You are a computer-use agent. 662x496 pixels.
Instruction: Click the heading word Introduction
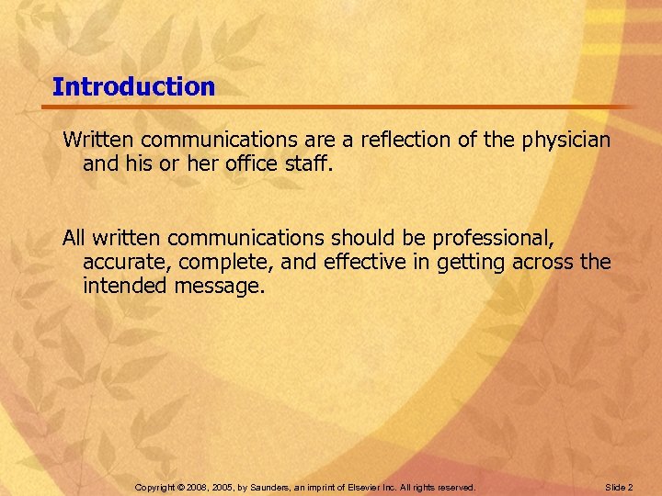pyautogui.click(x=133, y=87)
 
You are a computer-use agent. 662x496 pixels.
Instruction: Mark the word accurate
pyautogui.click(x=121, y=262)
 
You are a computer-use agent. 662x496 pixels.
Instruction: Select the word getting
pyautogui.click(x=459, y=263)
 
